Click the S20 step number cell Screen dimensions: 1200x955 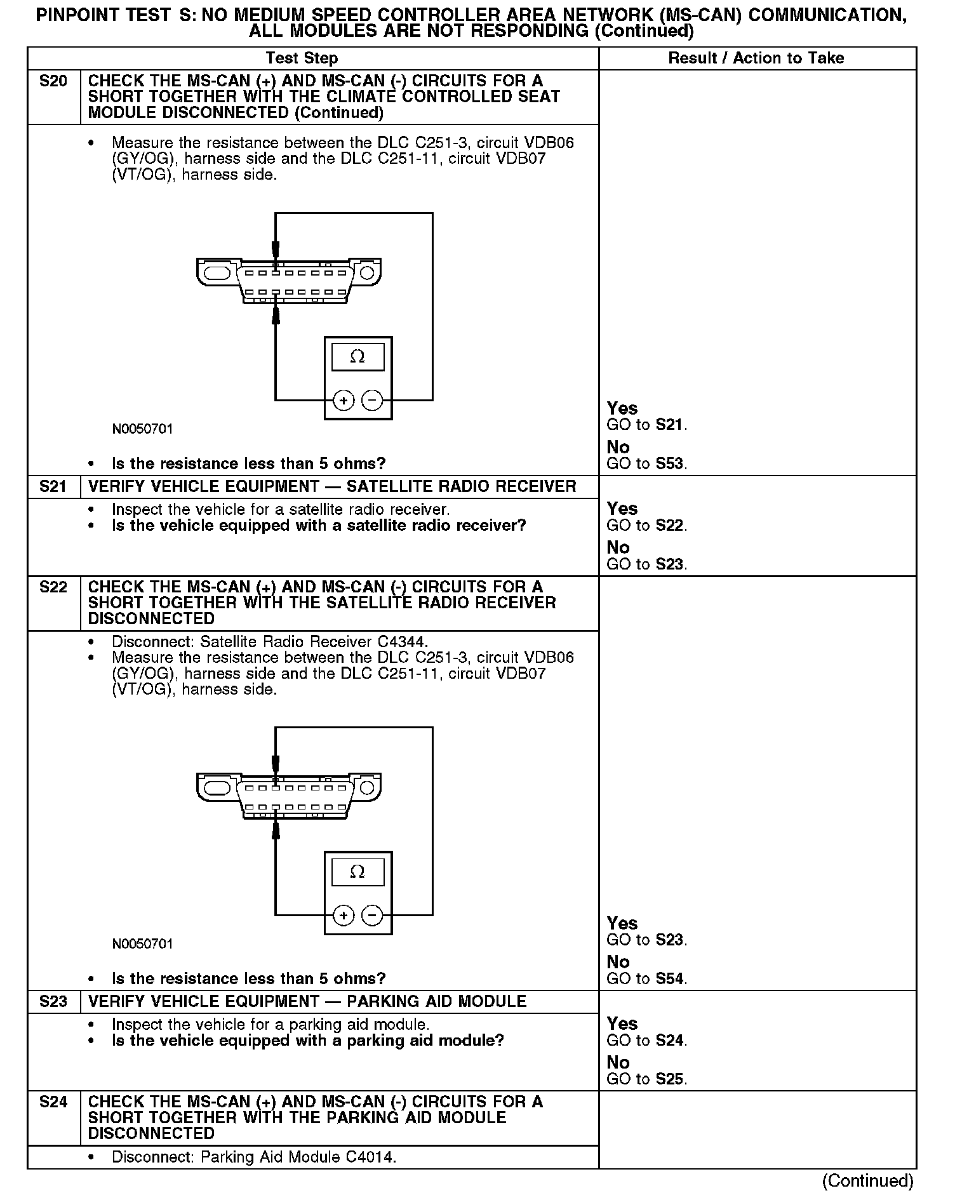pos(53,81)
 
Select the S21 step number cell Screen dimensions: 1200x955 pos(53,487)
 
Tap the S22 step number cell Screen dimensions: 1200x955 pos(53,587)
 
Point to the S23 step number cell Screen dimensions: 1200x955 pos(53,1002)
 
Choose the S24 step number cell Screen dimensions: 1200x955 pos(53,1102)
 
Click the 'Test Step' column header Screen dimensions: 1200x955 pos(302,58)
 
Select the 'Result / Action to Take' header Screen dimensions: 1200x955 pos(756,58)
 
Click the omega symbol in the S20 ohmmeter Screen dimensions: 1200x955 pos(357,357)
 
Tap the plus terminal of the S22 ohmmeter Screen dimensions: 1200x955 pos(344,916)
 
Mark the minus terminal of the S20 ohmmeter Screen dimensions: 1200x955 pos(372,401)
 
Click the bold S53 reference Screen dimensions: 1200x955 pos(670,464)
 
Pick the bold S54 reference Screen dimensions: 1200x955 pos(670,979)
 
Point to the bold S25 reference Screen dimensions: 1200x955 pos(670,1079)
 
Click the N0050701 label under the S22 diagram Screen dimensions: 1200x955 pos(142,944)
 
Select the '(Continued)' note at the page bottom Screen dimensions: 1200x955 pos(867,1182)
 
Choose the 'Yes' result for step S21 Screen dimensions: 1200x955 pos(622,509)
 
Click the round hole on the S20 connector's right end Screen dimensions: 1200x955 pos(366,274)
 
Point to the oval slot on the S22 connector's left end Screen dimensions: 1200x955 pos(217,788)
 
